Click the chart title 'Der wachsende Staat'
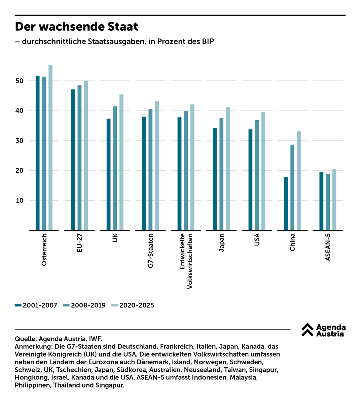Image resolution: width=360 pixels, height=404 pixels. point(77,27)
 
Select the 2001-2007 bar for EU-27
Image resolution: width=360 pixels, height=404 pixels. point(73,160)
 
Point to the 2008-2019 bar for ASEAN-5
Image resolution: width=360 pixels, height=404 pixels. point(328,202)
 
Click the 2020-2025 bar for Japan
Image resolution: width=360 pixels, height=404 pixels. point(228,169)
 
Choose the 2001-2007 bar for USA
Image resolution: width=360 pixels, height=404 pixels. point(250,180)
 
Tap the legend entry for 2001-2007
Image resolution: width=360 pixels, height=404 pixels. point(36,305)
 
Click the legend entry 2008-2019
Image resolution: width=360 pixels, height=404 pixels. point(84,305)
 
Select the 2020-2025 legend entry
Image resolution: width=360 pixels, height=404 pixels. point(133,305)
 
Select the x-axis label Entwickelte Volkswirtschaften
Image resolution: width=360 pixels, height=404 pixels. point(186,261)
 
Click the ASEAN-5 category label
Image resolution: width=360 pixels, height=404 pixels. point(328,247)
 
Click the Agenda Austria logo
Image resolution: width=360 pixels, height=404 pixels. point(323,330)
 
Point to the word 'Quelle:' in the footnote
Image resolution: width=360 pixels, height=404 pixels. point(26,339)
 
